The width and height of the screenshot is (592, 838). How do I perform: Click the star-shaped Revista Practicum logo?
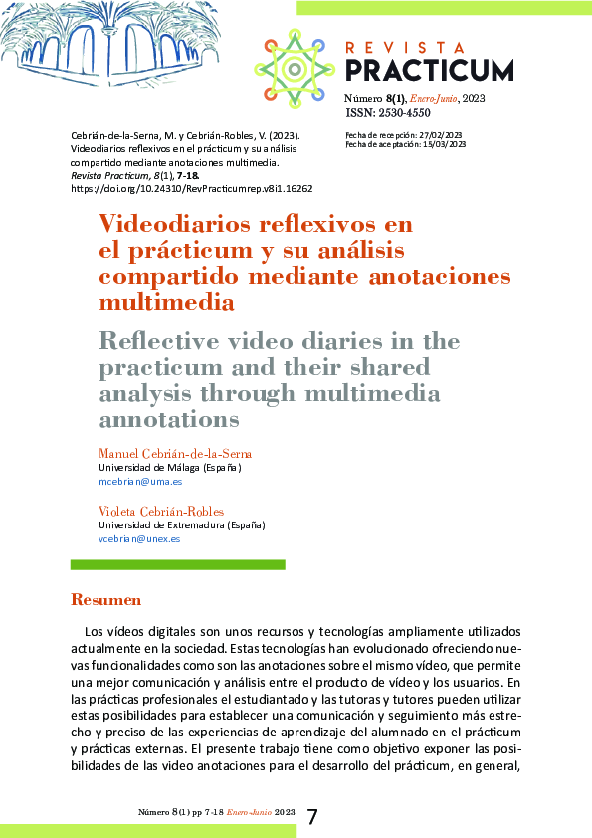pos(295,68)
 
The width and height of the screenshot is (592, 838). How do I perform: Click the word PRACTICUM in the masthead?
pos(430,71)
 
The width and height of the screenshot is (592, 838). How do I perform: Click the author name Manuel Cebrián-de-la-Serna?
pos(175,454)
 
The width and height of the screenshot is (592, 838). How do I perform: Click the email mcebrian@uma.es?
pos(139,481)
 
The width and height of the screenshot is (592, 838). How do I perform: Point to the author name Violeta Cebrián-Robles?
pos(160,512)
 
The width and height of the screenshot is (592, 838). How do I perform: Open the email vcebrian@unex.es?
pos(138,538)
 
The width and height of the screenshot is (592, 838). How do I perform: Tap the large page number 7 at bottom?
pos(312,816)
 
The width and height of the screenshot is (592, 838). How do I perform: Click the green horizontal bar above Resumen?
pos(178,564)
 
